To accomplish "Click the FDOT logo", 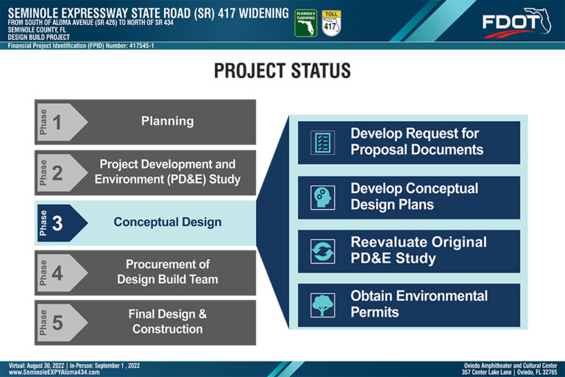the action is [x=516, y=23].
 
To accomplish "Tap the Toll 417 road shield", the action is [x=331, y=23].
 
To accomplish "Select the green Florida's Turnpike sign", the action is [x=306, y=23].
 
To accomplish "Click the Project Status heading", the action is [x=282, y=71].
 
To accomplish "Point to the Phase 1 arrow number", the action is [x=57, y=122].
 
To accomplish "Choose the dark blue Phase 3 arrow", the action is [x=63, y=223].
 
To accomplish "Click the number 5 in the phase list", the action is [x=57, y=323].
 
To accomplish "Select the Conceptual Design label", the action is [x=168, y=222].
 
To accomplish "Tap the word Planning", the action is [x=167, y=121].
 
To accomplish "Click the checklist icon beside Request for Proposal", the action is [x=322, y=143].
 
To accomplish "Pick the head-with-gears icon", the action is [x=322, y=197].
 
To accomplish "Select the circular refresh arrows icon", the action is [x=322, y=251].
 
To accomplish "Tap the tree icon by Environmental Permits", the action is [x=322, y=305].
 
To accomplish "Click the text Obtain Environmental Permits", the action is [x=419, y=304].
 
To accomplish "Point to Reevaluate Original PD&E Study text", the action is [x=419, y=250].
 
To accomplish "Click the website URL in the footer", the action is [x=54, y=372].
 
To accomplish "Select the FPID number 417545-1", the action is [x=141, y=46].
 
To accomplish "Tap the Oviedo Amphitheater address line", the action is [x=510, y=372].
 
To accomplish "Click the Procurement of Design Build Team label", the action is [x=168, y=272].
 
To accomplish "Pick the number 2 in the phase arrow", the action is [x=57, y=173].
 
